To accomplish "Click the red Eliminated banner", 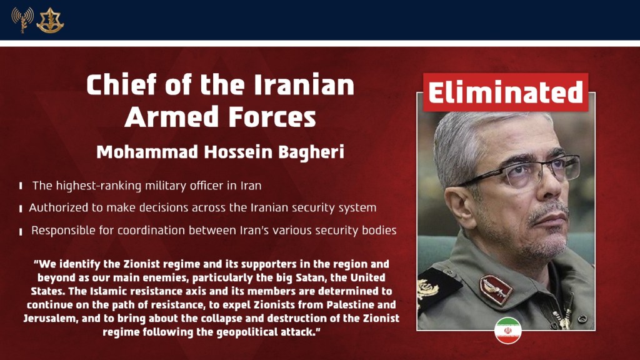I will pos(505,92).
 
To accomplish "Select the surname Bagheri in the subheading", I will pos(312,152).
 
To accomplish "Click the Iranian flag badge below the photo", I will pos(507,330).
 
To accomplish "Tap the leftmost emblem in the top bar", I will pos(21,20).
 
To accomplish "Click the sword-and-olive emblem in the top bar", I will pos(50,20).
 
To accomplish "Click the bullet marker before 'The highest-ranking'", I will pos(21,186).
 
